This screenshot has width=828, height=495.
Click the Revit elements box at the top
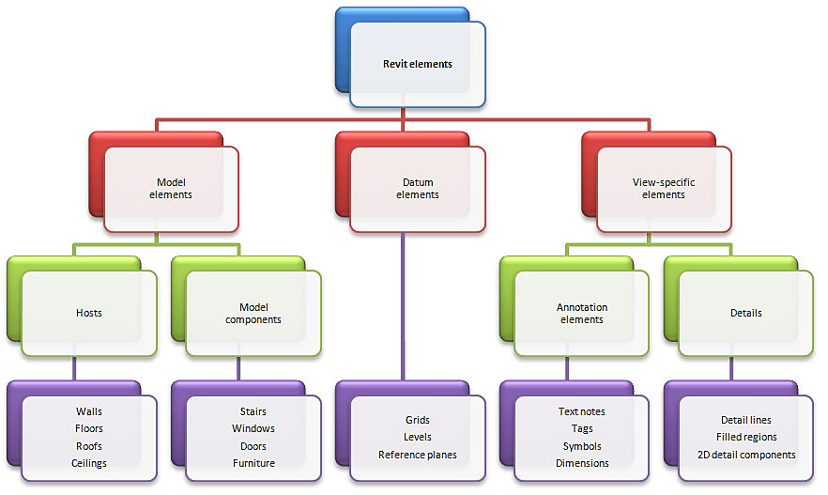[418, 65]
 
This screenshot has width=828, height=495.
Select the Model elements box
[171, 189]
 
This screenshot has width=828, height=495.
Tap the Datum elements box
[418, 189]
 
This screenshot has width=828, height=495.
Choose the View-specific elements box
[664, 189]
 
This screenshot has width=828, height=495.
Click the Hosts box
[89, 313]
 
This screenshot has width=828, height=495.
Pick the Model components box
[253, 313]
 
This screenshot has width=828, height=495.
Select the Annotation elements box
[582, 313]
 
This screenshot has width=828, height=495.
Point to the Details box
[746, 313]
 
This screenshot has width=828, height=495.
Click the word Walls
[89, 411]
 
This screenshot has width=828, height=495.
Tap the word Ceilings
[89, 463]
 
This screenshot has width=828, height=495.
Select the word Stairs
[253, 411]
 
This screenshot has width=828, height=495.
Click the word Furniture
[253, 463]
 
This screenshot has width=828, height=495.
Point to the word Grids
[418, 420]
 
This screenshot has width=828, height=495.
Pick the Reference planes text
[418, 455]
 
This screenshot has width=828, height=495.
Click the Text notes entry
[582, 411]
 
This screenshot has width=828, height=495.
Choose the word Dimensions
[582, 463]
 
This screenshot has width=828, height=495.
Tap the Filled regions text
[746, 437]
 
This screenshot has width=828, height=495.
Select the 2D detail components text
[746, 455]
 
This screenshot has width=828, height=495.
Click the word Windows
[253, 428]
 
